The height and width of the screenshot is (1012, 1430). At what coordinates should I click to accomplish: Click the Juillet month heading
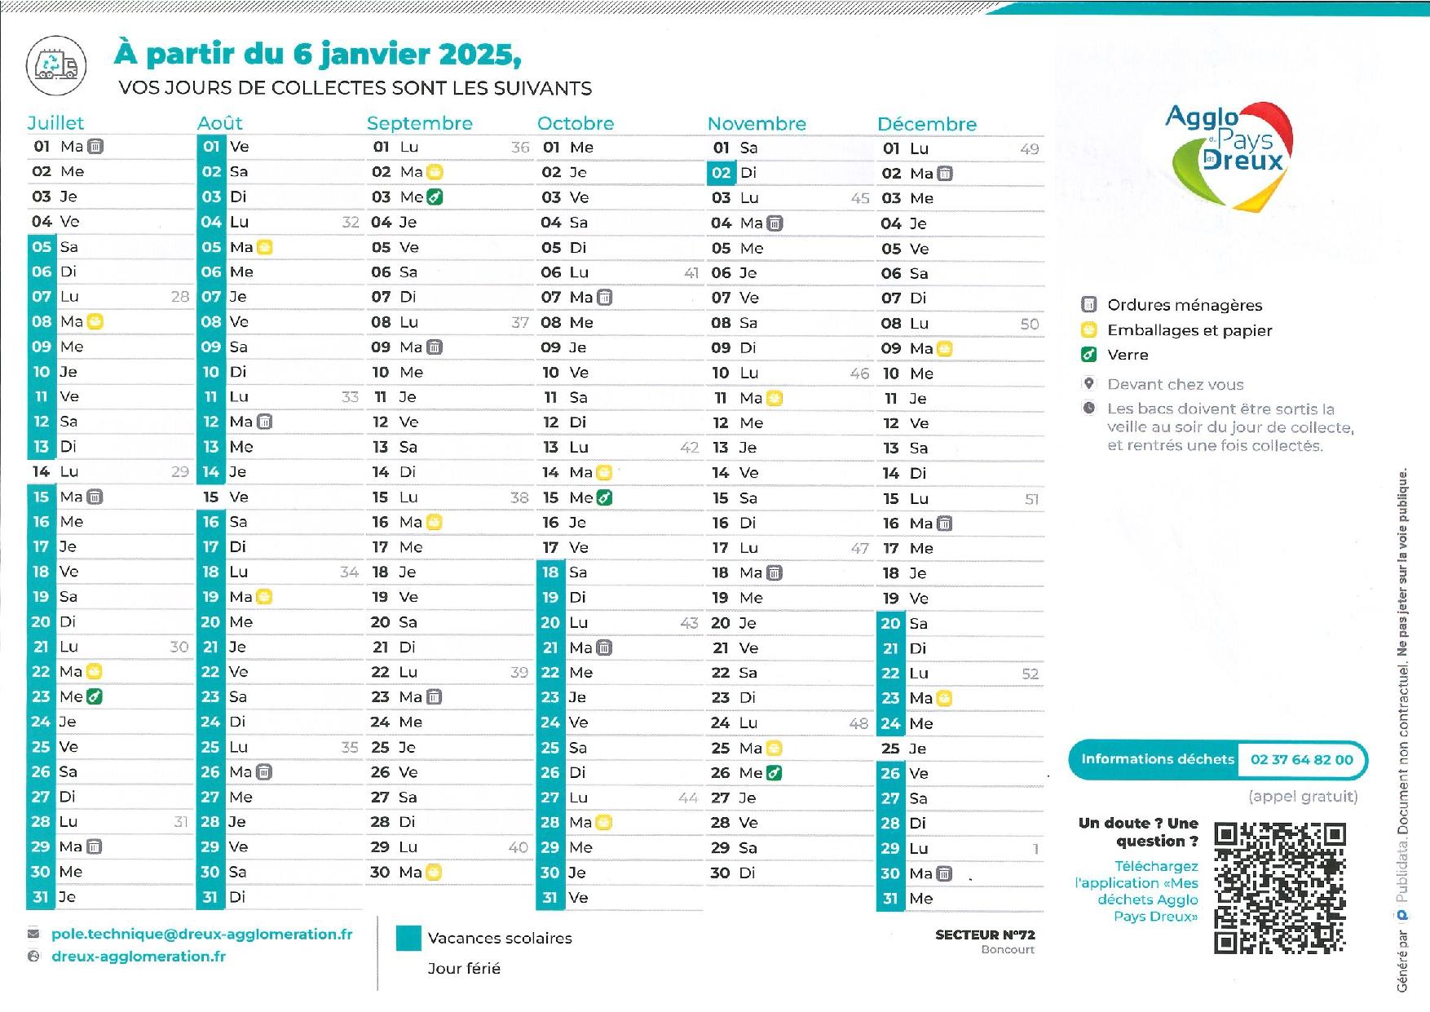point(55,123)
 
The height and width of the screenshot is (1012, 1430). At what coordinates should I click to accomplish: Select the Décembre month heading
point(926,124)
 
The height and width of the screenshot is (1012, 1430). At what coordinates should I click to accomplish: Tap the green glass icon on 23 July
point(95,696)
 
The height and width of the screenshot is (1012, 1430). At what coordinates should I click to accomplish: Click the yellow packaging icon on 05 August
point(264,247)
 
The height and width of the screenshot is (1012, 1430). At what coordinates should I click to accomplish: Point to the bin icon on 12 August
point(264,422)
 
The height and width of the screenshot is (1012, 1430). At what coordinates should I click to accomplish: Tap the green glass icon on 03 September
point(435,197)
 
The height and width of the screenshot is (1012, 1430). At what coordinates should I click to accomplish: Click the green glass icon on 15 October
point(604,497)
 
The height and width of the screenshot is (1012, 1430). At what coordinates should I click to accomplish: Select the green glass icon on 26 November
point(774,772)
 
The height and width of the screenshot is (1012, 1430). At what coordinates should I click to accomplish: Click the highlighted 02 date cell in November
point(721,173)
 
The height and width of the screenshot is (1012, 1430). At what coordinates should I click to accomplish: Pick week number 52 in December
point(1030,674)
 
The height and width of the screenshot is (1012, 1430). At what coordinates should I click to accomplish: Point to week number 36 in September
point(520,148)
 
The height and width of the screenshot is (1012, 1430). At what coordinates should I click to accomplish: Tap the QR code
point(1279,888)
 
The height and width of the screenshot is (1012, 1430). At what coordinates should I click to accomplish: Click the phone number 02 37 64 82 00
point(1301,760)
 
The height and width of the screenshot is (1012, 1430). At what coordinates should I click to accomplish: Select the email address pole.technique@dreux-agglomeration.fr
point(201,935)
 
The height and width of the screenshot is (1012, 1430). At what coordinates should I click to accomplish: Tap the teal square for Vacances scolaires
point(408,939)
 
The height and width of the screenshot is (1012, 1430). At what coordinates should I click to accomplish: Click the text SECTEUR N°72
point(984,935)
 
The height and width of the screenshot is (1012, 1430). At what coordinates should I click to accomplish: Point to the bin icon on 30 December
point(944,874)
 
